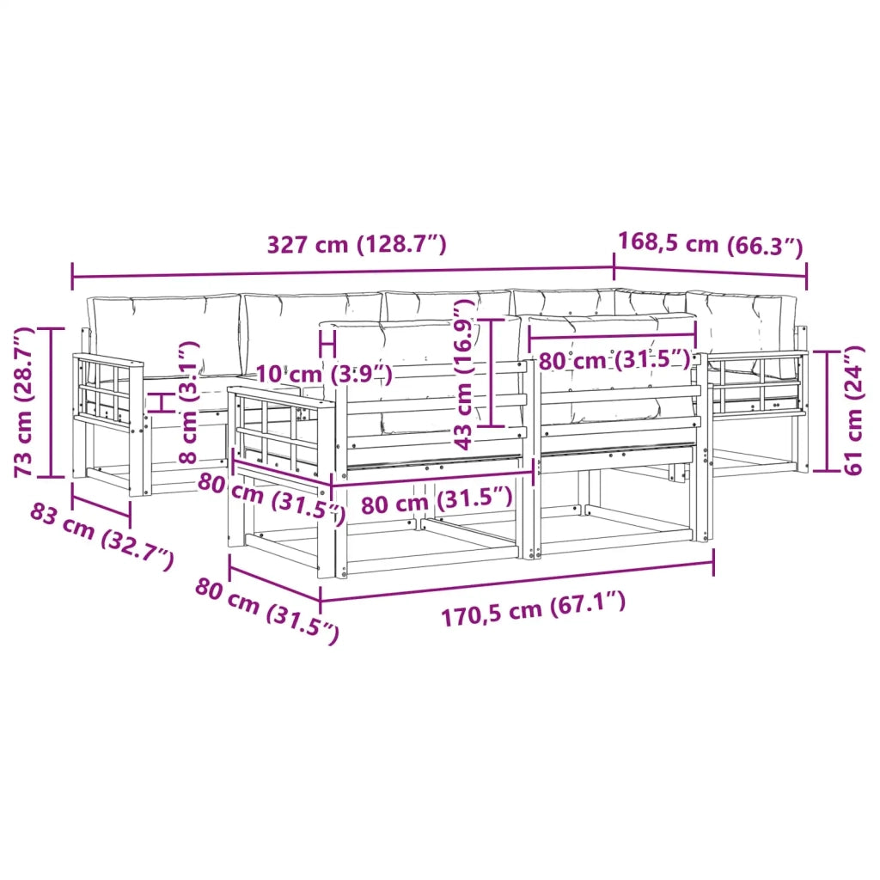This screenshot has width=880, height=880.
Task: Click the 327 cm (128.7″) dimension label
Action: tap(357, 245)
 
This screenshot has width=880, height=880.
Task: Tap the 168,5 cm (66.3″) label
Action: tap(711, 244)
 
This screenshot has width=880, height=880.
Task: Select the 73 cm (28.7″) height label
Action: tap(23, 402)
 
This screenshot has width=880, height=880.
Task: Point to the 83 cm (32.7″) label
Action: tap(101, 537)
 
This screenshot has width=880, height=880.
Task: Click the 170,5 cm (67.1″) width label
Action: tap(533, 609)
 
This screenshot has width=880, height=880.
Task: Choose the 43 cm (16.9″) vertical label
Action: tap(464, 375)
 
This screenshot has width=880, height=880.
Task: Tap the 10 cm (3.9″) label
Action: tap(324, 373)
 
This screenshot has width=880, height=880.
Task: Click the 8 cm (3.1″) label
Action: tap(188, 402)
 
